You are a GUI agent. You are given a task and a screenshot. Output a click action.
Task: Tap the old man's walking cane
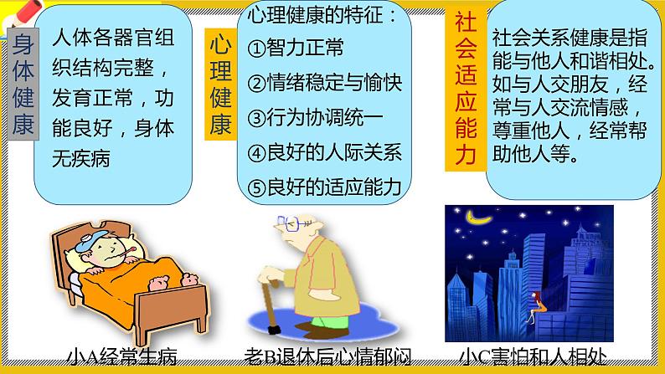(x=270, y=310)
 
